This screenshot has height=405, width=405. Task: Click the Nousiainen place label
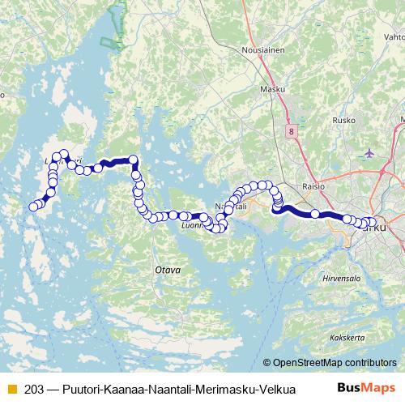click(x=261, y=49)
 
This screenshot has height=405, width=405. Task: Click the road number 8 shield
click(x=291, y=130)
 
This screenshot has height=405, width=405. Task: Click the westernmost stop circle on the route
click(x=33, y=207)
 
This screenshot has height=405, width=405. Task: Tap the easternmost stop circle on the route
click(x=373, y=222)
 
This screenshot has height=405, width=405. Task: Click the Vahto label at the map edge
click(x=394, y=37)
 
